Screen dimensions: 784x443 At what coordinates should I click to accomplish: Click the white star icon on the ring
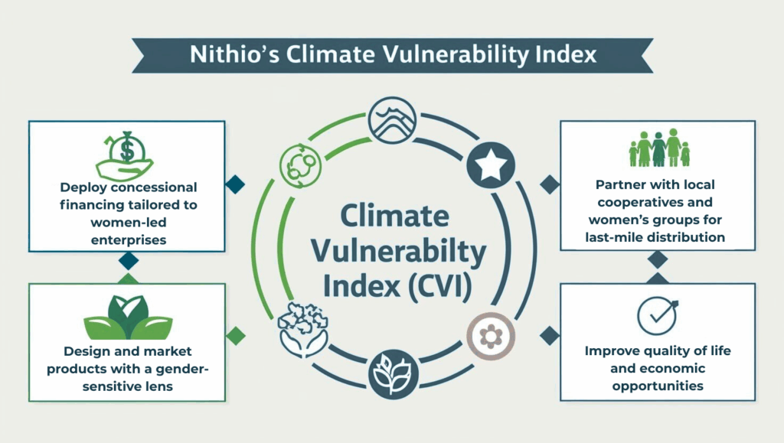(491, 165)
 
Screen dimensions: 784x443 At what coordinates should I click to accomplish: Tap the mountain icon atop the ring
(392, 120)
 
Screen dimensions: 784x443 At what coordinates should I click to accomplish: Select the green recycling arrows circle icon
(300, 166)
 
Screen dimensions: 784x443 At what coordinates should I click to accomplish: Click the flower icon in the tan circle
(491, 337)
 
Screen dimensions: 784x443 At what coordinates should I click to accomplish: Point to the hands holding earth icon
(302, 330)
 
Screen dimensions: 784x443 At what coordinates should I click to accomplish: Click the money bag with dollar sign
(125, 155)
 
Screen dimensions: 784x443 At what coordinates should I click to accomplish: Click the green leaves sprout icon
(128, 318)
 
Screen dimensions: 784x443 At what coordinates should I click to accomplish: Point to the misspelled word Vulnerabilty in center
(398, 251)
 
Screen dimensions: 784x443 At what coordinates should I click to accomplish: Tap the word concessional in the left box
(154, 187)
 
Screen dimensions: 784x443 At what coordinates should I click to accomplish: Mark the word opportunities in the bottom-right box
(658, 386)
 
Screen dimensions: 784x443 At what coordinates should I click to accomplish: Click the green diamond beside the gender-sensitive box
(236, 336)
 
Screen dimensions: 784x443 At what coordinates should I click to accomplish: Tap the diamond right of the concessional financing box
(235, 184)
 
